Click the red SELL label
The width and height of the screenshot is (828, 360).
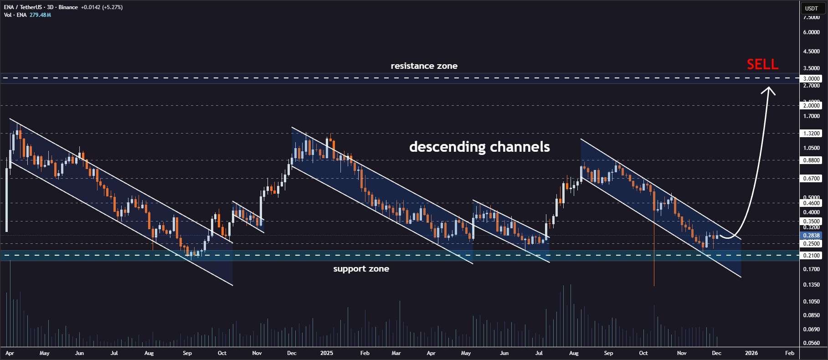tap(762, 65)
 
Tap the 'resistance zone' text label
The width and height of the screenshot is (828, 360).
tap(424, 66)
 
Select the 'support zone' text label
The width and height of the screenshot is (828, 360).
tap(361, 269)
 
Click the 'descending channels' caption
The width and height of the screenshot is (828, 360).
tap(479, 147)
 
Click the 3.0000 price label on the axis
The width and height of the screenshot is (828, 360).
tap(811, 79)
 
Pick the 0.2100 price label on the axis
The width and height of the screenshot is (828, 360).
tap(811, 256)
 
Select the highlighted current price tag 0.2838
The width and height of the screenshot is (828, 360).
tap(811, 236)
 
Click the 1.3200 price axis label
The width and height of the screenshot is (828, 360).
tap(811, 134)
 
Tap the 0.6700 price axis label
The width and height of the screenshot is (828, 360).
tap(811, 179)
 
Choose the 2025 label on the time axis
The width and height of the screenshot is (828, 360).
tap(326, 353)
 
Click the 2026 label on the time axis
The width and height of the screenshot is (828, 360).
tap(751, 353)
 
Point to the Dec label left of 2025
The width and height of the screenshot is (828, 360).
tap(292, 353)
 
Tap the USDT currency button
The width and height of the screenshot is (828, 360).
tap(811, 8)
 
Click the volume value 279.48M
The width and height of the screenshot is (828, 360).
tap(40, 15)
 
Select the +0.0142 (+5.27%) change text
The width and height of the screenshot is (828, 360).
tap(102, 7)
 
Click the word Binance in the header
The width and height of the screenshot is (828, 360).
tap(67, 7)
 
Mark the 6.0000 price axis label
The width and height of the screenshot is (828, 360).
tap(811, 32)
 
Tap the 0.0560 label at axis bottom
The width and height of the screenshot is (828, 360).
tap(811, 343)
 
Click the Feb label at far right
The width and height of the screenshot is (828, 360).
tap(790, 353)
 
